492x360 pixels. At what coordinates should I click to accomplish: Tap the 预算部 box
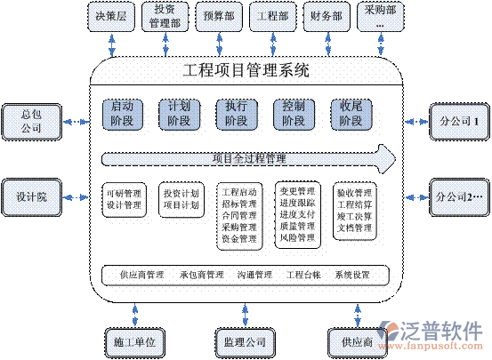coord(219,16)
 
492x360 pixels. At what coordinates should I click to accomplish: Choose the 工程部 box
coord(272,16)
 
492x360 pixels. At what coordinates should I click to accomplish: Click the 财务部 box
coord(327,16)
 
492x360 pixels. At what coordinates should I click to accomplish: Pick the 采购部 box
coord(380,16)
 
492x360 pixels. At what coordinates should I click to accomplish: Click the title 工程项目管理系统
coord(246,69)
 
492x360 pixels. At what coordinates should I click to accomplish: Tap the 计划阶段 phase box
coord(179,114)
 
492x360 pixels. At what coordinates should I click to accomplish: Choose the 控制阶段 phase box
coord(293,114)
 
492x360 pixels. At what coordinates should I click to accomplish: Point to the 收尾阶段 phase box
coord(351,114)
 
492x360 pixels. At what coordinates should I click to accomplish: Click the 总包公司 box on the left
coord(31,121)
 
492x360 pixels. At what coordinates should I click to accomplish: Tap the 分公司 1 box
coord(459,119)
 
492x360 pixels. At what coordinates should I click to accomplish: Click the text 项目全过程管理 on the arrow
coord(249,159)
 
